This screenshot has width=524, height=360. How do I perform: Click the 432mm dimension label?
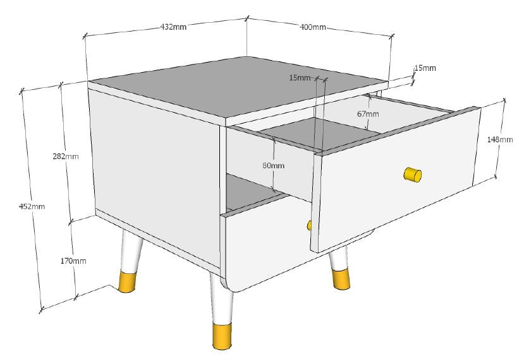173,27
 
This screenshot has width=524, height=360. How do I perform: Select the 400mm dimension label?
313,27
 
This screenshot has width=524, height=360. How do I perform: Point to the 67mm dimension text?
368,114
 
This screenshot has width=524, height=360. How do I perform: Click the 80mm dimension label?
273,165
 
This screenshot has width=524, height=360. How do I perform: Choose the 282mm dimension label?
66,156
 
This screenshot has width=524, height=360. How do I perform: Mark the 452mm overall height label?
32,206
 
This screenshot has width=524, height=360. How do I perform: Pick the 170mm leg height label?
75,261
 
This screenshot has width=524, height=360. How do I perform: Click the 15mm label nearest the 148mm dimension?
425,68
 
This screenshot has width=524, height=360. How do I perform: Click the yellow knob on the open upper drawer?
412,175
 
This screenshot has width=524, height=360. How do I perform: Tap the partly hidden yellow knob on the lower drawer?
309,225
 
